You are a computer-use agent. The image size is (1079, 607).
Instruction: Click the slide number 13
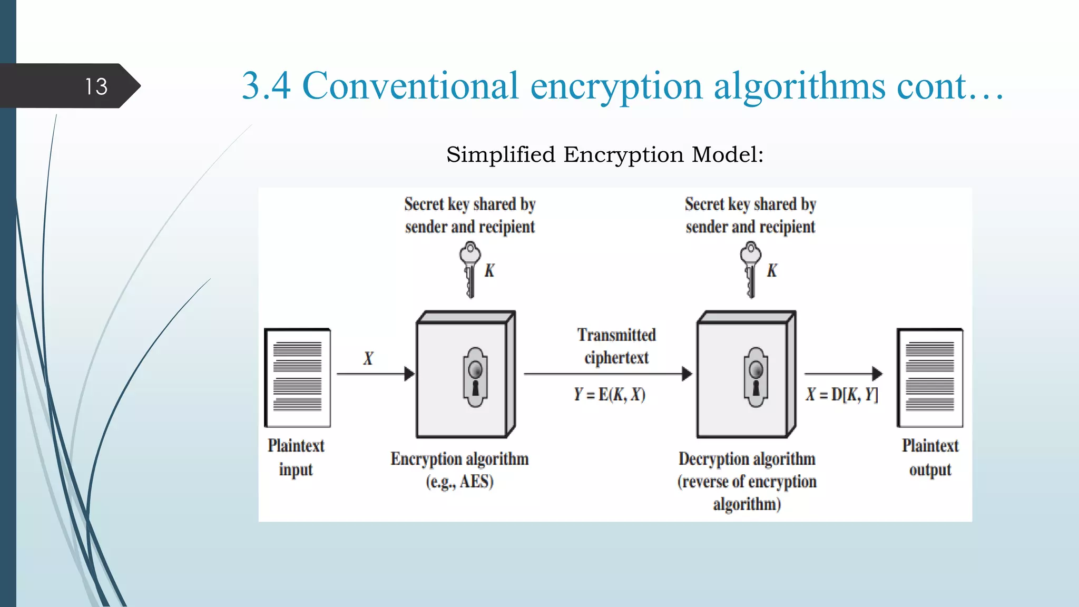[x=96, y=86]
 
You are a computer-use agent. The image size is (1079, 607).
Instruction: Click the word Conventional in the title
[x=410, y=86]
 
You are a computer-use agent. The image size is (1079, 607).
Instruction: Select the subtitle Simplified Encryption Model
[x=604, y=155]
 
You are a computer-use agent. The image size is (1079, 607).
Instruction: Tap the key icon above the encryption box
[x=469, y=269]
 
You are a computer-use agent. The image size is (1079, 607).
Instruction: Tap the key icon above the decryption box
[x=750, y=269]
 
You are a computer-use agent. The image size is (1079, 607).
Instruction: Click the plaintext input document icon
[x=298, y=377]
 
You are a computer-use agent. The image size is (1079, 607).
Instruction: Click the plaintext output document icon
[x=930, y=377]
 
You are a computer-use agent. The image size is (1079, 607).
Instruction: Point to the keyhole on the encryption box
[x=475, y=377]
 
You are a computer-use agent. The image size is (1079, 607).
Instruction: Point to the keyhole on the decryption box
[x=756, y=377]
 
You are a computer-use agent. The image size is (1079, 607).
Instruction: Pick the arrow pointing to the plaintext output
[x=843, y=374]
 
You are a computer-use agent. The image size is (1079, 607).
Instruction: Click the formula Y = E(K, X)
[x=610, y=395]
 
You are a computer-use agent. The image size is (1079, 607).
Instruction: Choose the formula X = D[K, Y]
[x=842, y=395]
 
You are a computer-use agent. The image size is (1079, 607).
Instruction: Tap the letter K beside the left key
[x=489, y=271]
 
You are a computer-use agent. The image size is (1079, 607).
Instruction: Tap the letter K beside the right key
[x=771, y=271]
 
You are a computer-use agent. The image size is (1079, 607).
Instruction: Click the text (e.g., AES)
[x=459, y=482]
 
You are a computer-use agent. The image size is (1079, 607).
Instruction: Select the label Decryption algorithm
[x=747, y=459]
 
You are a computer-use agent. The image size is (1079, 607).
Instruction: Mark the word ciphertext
[x=616, y=358]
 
